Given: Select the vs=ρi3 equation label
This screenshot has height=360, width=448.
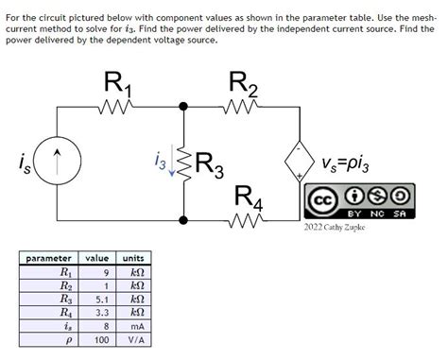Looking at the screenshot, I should tap(353, 164).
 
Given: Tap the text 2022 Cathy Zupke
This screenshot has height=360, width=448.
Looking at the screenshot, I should tap(335, 228).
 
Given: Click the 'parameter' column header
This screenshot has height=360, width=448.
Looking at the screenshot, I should tap(48, 258).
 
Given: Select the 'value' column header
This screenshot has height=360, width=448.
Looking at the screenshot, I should tap(97, 258).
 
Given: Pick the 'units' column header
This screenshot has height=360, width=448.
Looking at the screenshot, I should tap(133, 258).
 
